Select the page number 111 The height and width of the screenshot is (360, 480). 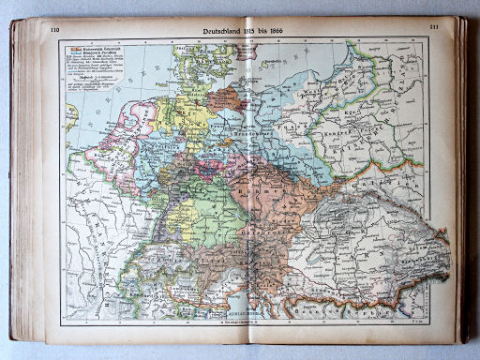click(x=434, y=28)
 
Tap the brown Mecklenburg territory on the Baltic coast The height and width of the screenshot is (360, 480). click(x=225, y=98)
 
